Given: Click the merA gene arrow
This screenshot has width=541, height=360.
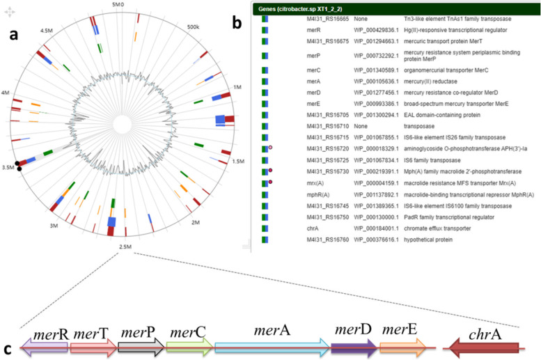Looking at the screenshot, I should tap(272, 346).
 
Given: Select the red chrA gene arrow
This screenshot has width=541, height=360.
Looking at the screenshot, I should tap(485, 347).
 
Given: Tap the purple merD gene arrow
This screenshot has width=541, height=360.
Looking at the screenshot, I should tap(354, 346).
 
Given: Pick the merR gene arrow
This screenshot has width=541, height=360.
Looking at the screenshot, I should tap(45, 347).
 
